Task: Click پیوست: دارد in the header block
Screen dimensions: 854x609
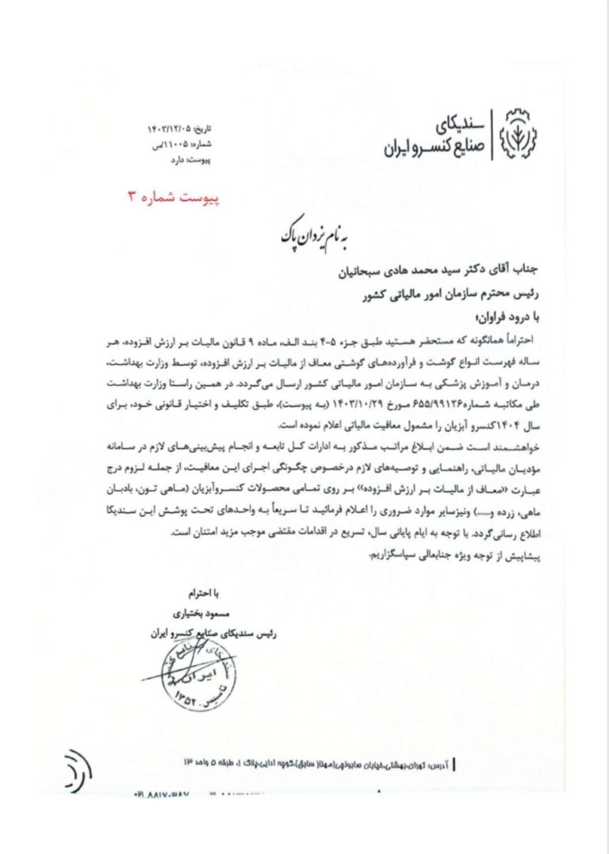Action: (187, 160)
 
